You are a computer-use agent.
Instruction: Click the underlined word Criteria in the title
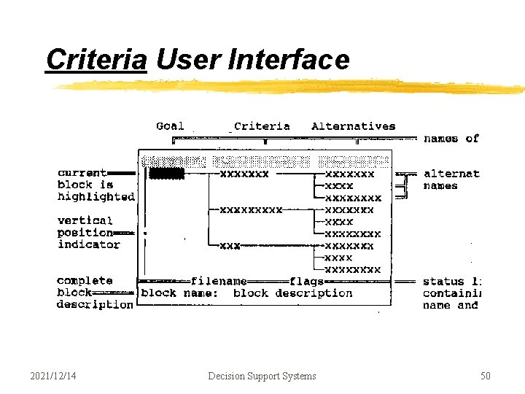tap(96, 60)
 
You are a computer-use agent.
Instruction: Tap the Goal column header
tap(170, 126)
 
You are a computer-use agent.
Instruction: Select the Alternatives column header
tap(353, 126)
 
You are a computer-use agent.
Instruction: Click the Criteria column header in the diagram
tap(262, 126)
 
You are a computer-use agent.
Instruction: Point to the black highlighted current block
tap(166, 174)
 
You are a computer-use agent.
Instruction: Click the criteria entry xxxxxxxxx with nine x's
tap(251, 209)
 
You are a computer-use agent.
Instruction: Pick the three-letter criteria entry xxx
tap(230, 246)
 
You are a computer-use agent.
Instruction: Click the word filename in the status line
tap(219, 281)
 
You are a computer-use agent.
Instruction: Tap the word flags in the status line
tap(306, 281)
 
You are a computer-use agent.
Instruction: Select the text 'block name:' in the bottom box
tap(179, 293)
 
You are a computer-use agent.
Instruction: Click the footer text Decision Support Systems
tap(262, 376)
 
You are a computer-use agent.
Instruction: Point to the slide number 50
tap(485, 376)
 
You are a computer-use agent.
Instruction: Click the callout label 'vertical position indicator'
tap(87, 232)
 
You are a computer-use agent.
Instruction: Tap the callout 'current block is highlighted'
tap(95, 185)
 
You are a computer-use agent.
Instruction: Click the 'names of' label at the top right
tap(451, 138)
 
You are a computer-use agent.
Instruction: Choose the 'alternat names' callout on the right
tap(451, 179)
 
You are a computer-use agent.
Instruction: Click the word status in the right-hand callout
tap(443, 282)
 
